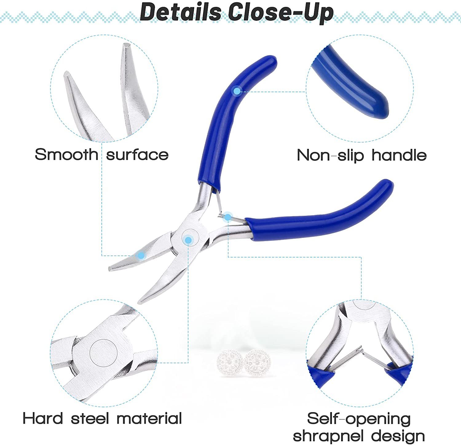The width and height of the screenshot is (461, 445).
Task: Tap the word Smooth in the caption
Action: click(66, 154)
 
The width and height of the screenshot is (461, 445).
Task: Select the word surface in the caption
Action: click(137, 155)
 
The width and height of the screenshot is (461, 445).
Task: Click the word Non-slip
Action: click(330, 155)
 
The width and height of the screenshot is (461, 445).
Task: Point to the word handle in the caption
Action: click(399, 155)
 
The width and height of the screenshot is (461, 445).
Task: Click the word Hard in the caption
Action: click(43, 418)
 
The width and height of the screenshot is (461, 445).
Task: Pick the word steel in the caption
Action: click(90, 418)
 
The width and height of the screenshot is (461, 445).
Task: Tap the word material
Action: click(149, 418)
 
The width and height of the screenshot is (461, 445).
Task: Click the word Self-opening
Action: click(359, 419)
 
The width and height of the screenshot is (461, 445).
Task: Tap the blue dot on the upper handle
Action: click(237, 91)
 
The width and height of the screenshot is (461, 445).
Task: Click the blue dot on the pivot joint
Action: click(188, 240)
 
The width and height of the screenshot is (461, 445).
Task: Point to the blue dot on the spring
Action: click(228, 217)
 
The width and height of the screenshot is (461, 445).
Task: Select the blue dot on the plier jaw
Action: click(141, 255)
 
